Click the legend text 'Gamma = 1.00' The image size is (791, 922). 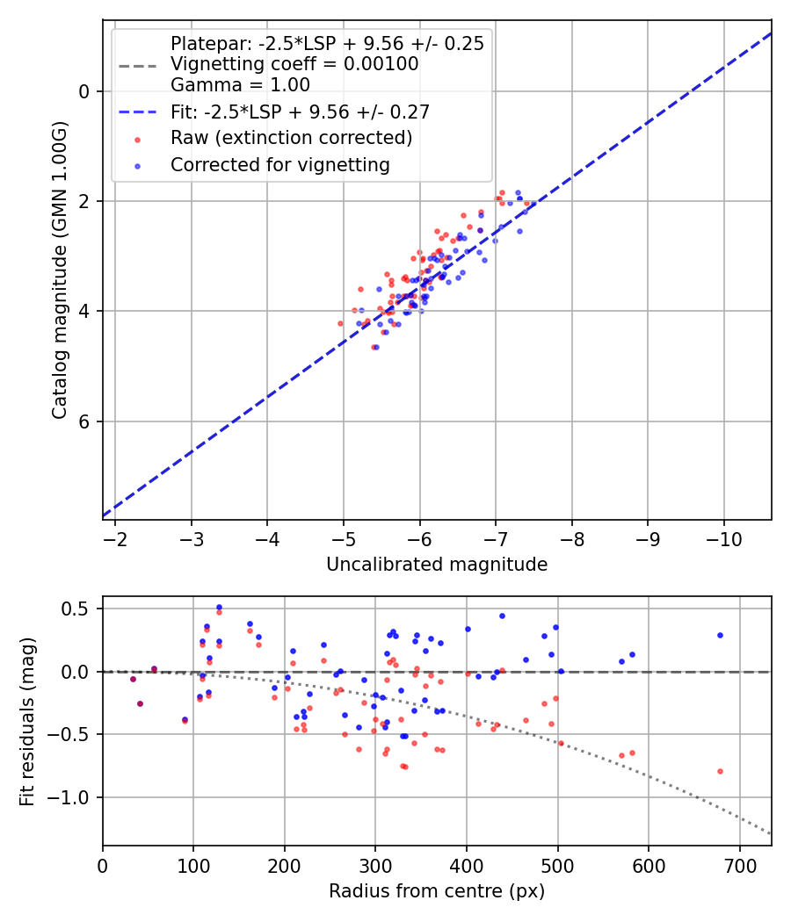tap(240, 85)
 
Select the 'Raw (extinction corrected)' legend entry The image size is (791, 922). tap(291, 138)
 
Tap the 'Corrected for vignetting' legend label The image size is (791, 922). tap(280, 164)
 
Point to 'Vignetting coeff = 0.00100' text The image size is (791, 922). tap(294, 64)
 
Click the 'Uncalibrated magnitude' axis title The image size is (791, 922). tap(437, 565)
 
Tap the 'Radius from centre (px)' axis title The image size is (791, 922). tap(437, 891)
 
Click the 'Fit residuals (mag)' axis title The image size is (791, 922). tap(27, 721)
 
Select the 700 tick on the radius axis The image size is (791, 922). tap(739, 865)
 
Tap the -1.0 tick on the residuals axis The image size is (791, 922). tap(75, 797)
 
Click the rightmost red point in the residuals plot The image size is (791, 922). tap(720, 771)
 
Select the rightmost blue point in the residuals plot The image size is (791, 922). tap(720, 635)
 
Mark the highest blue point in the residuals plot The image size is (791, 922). tap(219, 607)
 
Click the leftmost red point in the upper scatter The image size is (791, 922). tap(340, 323)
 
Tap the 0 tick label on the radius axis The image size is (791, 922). tap(103, 865)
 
